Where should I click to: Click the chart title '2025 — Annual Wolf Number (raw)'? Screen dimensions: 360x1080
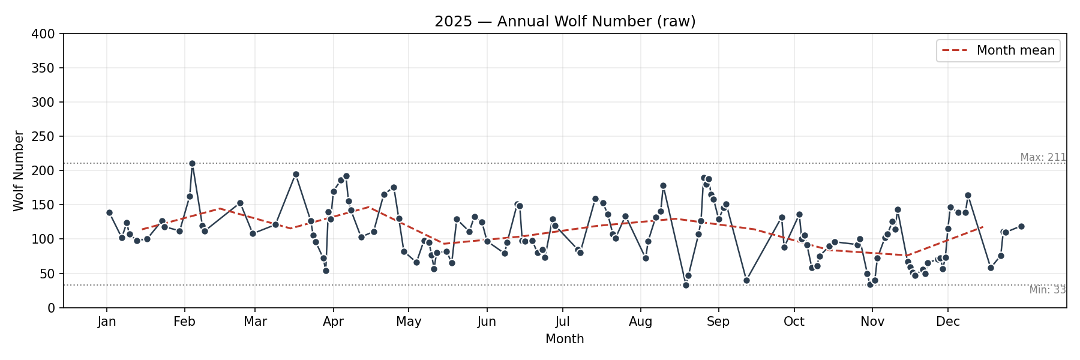click(565, 22)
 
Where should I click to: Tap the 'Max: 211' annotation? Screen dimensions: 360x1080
click(1043, 157)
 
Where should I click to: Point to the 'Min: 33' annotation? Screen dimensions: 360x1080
click(1047, 290)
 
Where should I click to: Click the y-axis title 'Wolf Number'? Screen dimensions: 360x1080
click(19, 171)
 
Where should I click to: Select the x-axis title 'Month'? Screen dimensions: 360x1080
click(565, 339)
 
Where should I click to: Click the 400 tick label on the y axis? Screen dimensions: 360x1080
click(43, 34)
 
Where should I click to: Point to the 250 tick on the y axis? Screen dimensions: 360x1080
click(43, 137)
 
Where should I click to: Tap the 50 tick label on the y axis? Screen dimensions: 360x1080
click(46, 274)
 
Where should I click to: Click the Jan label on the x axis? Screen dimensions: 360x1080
click(107, 322)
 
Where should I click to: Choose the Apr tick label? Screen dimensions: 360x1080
click(333, 322)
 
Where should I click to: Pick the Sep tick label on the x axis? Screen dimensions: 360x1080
click(718, 322)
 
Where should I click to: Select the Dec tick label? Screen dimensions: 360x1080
click(948, 322)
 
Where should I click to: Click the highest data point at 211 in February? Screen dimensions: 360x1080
click(192, 163)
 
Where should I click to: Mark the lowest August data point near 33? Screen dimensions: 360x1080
click(686, 285)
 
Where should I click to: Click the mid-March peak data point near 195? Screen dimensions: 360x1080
click(296, 174)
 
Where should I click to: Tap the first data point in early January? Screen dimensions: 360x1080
click(109, 212)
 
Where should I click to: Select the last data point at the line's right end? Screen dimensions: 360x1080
click(1021, 226)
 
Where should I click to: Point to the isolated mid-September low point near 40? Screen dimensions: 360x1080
click(746, 280)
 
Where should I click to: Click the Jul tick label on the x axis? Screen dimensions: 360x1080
click(562, 322)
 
